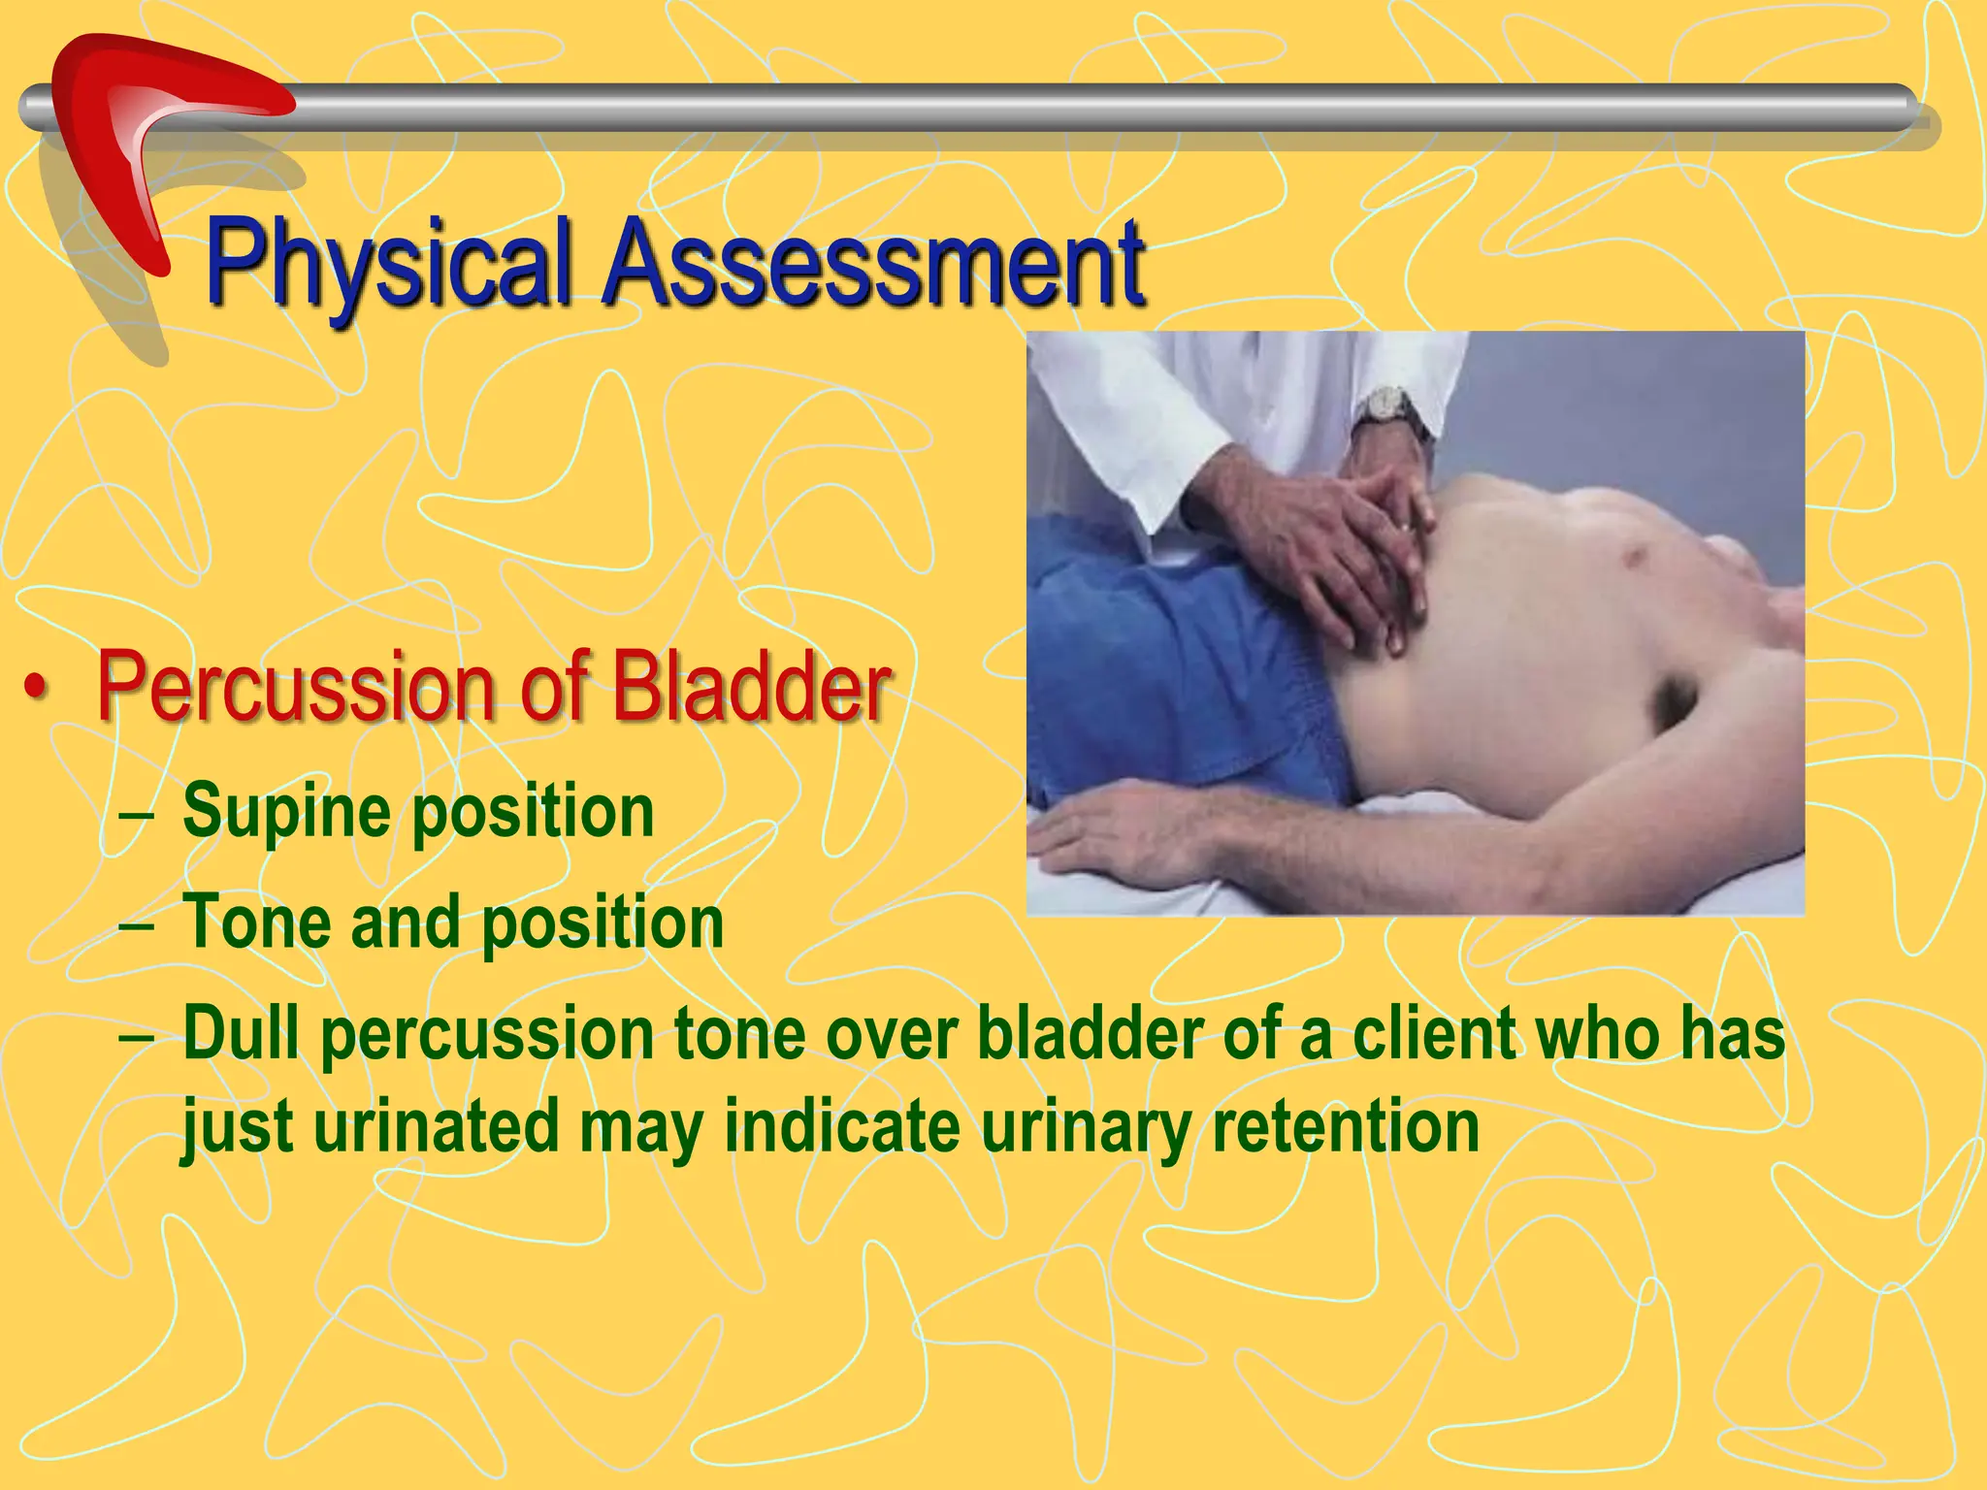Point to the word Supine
pyautogui.click(x=287, y=813)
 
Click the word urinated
pyautogui.click(x=437, y=1127)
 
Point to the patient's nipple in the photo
pyautogui.click(x=1638, y=557)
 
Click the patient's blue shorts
pyautogui.click(x=1184, y=679)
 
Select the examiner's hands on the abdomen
pyautogui.click(x=1349, y=543)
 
